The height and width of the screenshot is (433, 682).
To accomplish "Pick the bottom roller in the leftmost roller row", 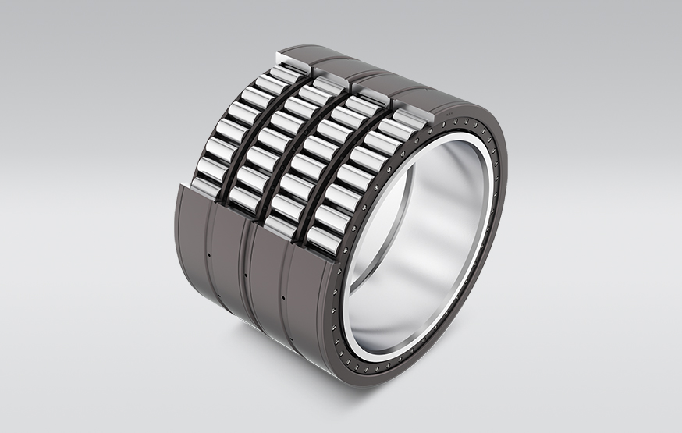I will click(x=204, y=186).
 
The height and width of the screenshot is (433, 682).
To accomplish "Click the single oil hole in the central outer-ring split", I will click(x=247, y=275).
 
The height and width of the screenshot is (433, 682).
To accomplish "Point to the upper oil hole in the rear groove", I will click(x=210, y=254).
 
